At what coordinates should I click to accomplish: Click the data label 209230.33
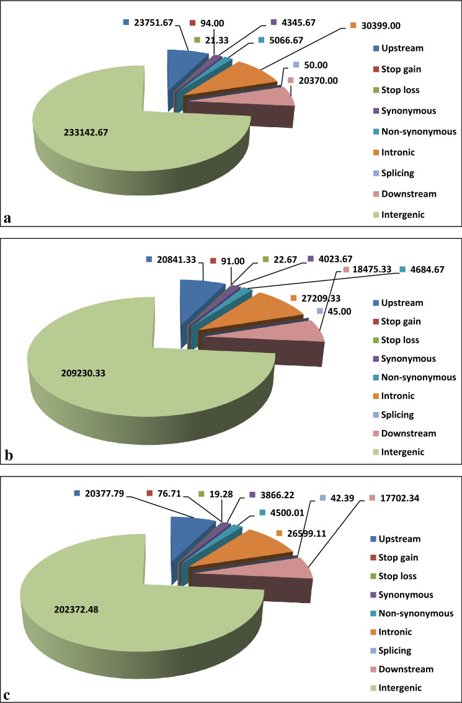click(x=87, y=373)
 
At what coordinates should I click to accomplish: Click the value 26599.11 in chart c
click(x=308, y=533)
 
